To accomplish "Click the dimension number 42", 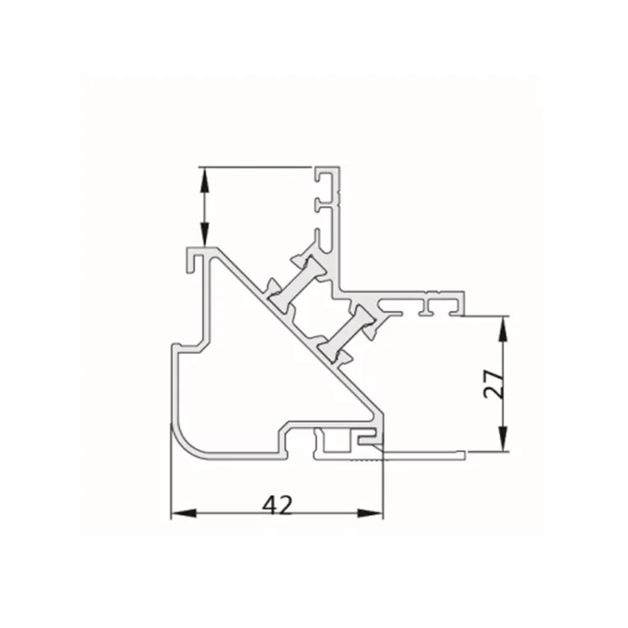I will [x=277, y=504].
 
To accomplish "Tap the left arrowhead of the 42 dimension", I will [x=178, y=512].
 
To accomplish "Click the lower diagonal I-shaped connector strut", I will [x=347, y=331].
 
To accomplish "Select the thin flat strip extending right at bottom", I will [x=419, y=453].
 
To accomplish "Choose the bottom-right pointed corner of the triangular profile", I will [x=381, y=416].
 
